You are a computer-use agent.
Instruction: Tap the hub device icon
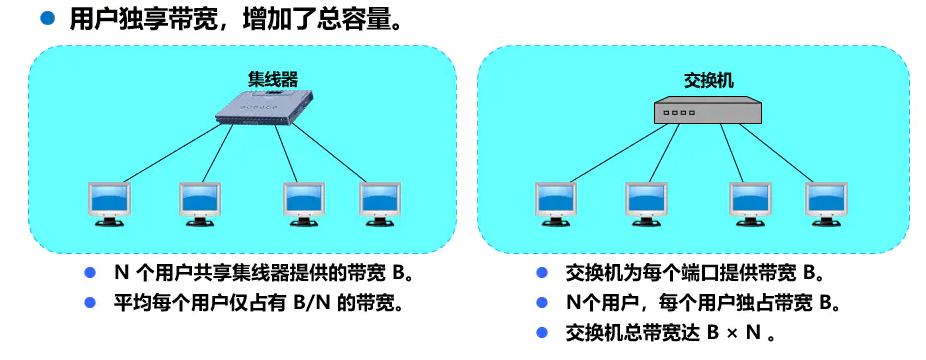pos(263,108)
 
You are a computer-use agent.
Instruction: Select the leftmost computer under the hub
pos(108,202)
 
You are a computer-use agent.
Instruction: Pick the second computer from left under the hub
pos(199,202)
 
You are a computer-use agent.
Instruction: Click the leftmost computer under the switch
pos(555,202)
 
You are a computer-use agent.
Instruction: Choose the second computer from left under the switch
pos(646,202)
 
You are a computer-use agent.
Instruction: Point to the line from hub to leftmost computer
pos(170,151)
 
